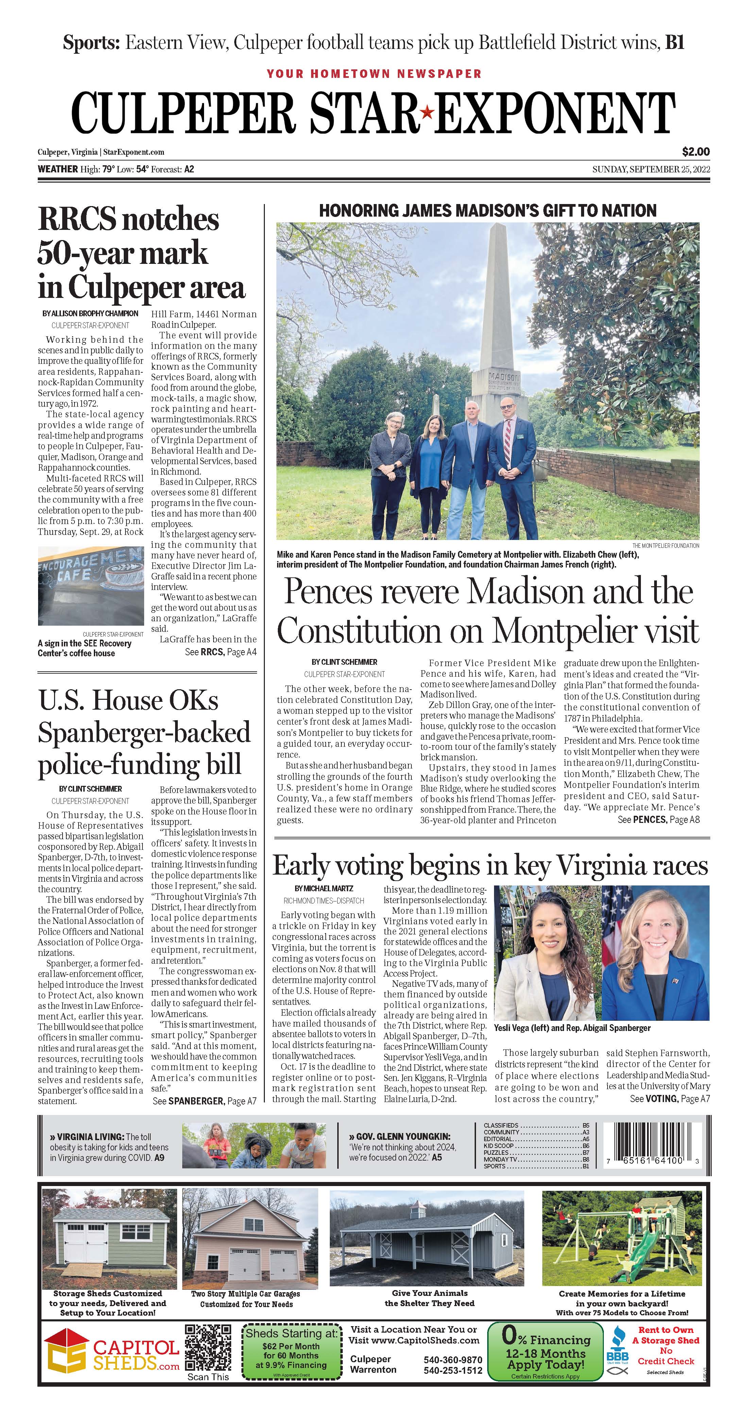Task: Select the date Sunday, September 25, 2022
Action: pos(650,169)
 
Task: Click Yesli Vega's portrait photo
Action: pos(545,952)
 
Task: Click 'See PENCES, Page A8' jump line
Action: pos(658,820)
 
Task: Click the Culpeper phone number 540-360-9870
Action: pos(453,1359)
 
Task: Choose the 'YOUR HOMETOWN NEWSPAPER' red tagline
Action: pos(374,73)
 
